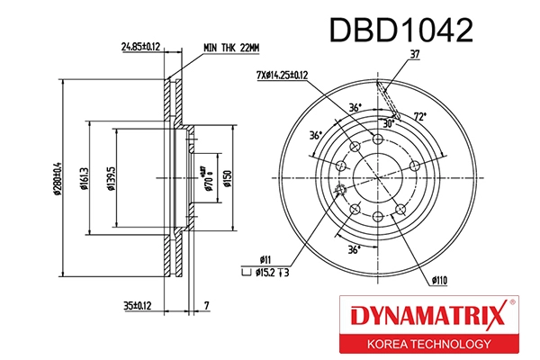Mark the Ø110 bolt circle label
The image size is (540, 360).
pos(438,280)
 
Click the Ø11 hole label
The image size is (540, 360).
pos(266,258)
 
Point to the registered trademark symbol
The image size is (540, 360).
pos(513,303)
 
